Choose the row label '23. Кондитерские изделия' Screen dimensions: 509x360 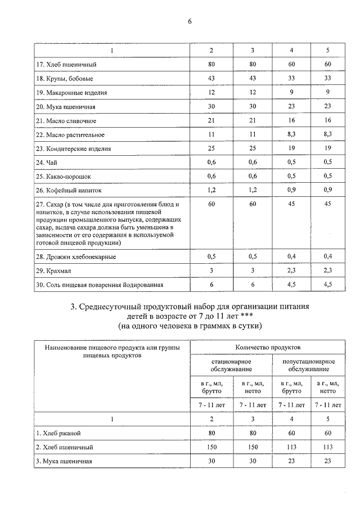pos(73,149)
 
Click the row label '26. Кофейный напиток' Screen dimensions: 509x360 pos(68,191)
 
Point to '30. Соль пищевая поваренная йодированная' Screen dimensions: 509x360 pos(100,285)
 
